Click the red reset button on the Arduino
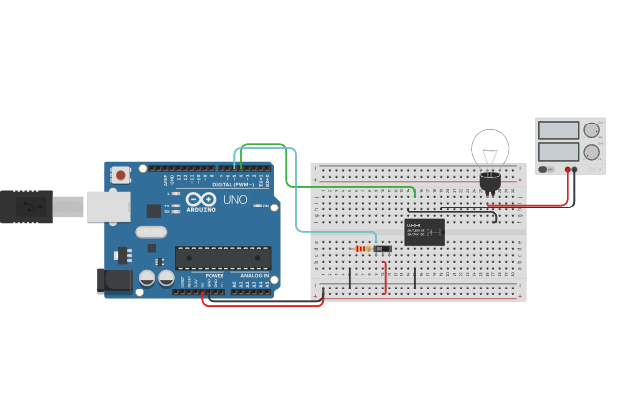[121, 175]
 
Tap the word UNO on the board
[235, 200]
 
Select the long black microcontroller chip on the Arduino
[222, 257]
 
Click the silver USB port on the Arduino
[108, 206]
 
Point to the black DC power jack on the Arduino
[114, 281]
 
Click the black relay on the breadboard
[425, 232]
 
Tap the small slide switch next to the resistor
[382, 249]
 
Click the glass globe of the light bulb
[489, 149]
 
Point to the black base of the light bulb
[489, 182]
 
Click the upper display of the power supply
[559, 130]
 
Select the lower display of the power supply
[559, 152]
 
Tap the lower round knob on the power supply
[592, 152]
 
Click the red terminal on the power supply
[575, 170]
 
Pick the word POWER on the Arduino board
[215, 274]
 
